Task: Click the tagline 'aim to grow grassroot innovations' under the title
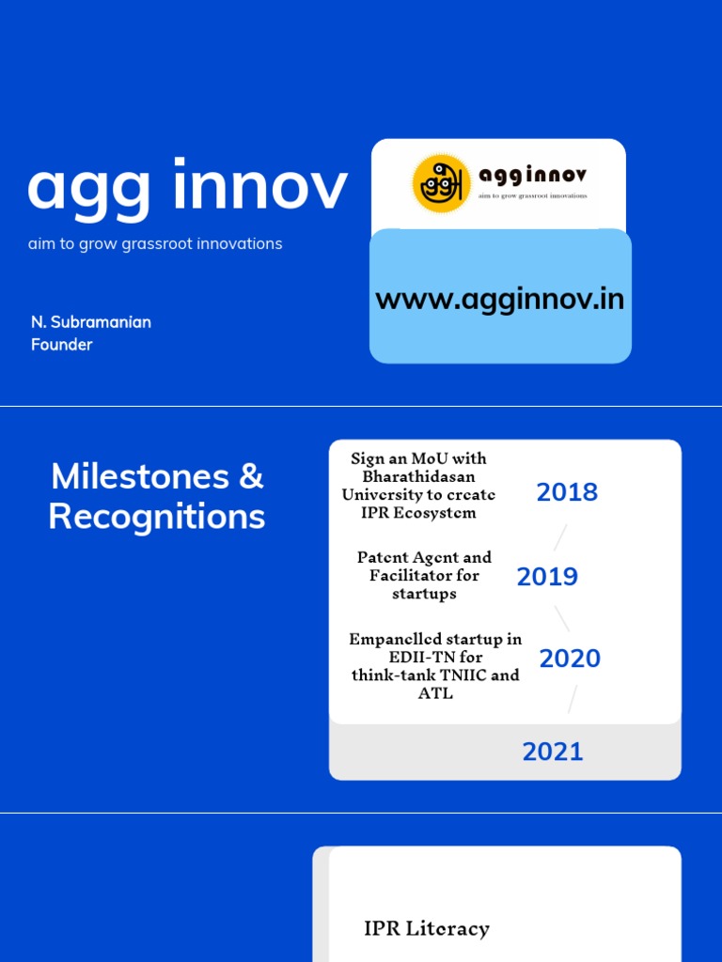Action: point(155,244)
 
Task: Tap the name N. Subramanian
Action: point(91,322)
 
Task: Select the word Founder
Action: point(62,345)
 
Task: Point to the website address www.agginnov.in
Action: point(499,300)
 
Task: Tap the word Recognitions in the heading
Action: point(157,517)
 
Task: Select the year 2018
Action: point(567,492)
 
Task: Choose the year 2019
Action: point(547,577)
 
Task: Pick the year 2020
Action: point(570,659)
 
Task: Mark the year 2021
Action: point(553,752)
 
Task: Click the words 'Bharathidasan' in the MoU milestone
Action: point(418,476)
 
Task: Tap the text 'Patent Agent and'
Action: point(424,557)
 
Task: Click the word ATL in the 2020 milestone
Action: point(434,693)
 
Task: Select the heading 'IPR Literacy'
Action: point(427,928)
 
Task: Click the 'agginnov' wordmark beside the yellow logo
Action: point(532,177)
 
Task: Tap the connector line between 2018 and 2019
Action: point(560,537)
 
